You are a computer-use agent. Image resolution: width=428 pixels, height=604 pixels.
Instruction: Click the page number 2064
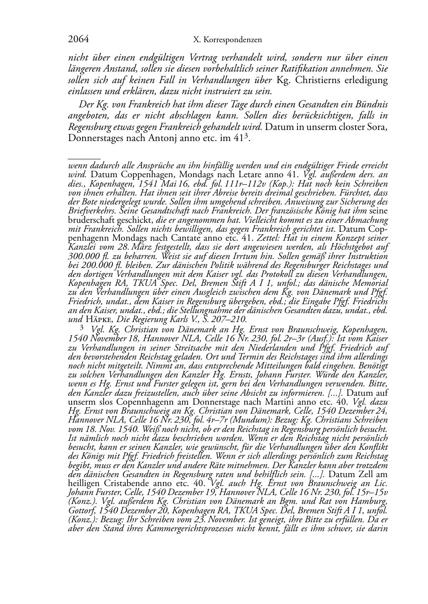point(78,40)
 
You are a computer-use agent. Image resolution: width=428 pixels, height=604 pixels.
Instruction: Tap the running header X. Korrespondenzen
point(227,40)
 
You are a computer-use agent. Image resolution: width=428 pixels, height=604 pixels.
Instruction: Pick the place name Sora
point(378,127)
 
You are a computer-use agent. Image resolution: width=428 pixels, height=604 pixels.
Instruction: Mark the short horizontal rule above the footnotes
point(84,158)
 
